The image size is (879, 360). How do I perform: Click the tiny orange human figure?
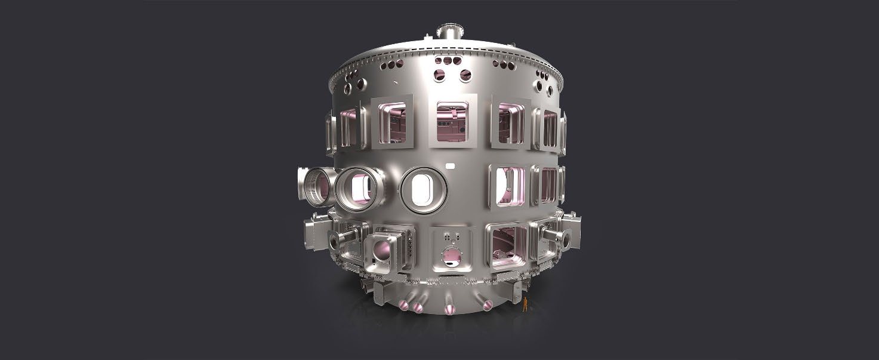(525, 305)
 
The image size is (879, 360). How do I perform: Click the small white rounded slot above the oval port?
(451, 164)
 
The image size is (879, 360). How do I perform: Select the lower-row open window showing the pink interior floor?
(507, 245)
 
